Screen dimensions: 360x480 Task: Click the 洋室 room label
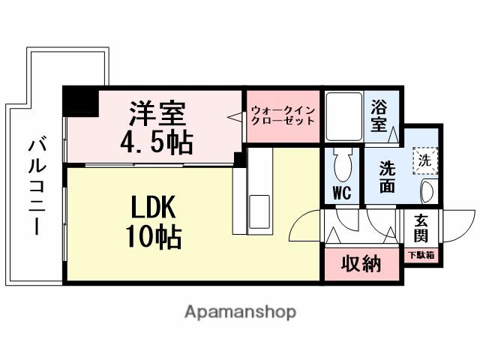157,114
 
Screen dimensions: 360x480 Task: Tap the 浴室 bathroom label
380,116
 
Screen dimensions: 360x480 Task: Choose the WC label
342,193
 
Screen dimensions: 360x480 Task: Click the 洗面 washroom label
386,178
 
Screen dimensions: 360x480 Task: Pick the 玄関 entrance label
421,229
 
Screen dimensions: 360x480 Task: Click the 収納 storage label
361,265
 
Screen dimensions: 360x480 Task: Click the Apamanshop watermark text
240,312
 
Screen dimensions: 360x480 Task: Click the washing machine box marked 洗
424,160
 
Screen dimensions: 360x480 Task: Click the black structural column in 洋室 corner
79,100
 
